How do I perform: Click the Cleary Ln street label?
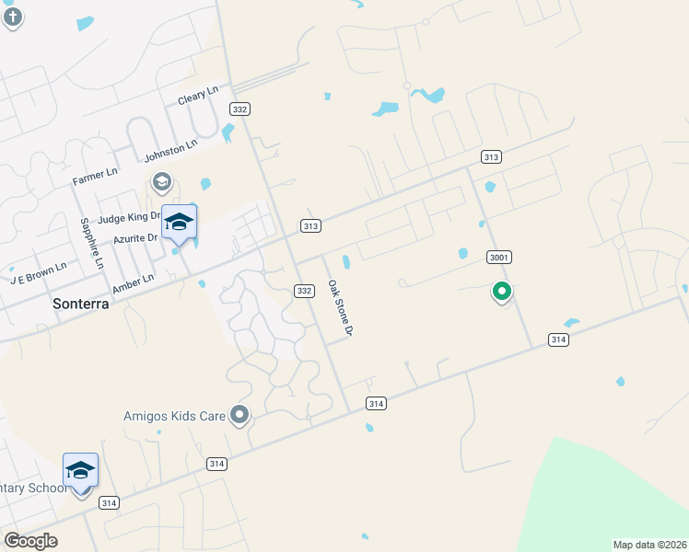click(198, 95)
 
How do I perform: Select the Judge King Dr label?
click(130, 218)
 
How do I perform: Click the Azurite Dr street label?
click(136, 237)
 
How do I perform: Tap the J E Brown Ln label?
click(39, 272)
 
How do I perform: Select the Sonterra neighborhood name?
click(79, 303)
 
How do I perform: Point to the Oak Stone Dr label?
click(339, 308)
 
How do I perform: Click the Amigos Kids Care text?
click(174, 416)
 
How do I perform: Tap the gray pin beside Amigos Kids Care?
click(239, 416)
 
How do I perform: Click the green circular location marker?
click(502, 293)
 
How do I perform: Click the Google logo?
click(30, 540)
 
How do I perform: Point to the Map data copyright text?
click(649, 545)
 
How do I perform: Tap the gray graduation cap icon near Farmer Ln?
click(161, 181)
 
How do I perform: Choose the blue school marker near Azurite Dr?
click(180, 223)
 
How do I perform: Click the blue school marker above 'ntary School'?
click(81, 471)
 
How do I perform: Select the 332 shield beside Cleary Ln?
click(239, 109)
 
